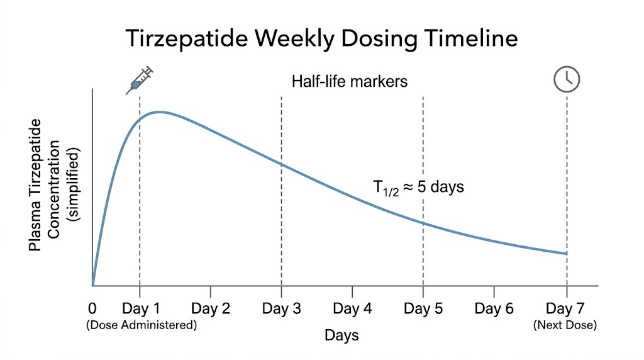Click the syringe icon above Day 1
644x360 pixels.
coord(140,80)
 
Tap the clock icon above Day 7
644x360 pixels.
coord(566,79)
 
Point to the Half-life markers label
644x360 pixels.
coord(350,82)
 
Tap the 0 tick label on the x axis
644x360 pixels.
coord(92,309)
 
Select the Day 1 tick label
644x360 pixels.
coord(140,309)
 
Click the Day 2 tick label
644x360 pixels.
coord(211,309)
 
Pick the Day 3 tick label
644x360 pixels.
coord(281,309)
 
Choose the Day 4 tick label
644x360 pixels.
coord(352,309)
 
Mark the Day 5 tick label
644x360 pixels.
coord(423,309)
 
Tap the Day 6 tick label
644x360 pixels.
coord(494,309)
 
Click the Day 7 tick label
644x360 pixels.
coord(565,309)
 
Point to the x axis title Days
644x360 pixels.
coord(341,335)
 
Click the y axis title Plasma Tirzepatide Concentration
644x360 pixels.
coord(54,186)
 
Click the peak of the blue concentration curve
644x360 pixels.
coord(160,112)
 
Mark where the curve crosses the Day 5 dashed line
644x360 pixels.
coord(423,223)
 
